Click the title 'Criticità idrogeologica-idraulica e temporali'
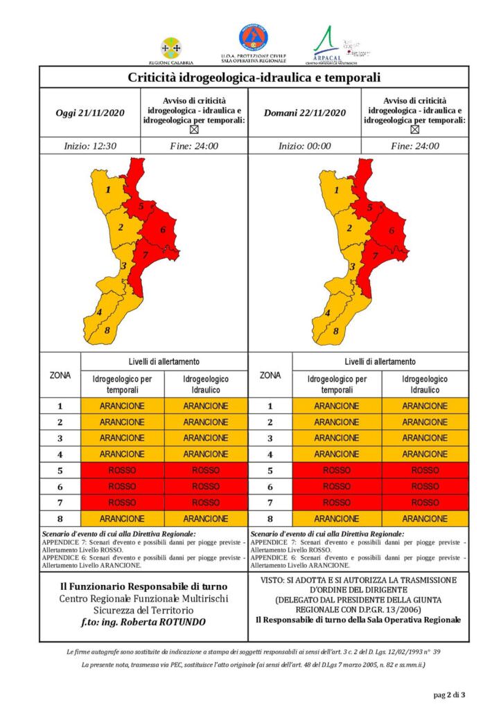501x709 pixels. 254,77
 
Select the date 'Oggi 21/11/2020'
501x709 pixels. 90,113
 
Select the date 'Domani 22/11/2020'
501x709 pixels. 304,113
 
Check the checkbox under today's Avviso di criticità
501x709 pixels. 194,129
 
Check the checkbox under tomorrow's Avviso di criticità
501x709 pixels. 414,129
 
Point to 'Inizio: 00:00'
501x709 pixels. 304,146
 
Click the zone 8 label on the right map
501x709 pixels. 335,331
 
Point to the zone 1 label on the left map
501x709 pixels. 109,189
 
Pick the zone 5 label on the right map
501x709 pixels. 370,206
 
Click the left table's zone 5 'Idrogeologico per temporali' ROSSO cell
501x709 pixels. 123,470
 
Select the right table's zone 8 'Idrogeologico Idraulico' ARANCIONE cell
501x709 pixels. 425,519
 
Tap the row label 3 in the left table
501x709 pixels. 60,438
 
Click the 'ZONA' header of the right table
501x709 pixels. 270,375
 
